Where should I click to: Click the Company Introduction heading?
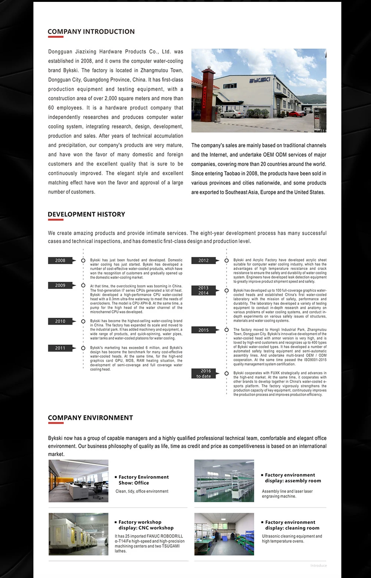click(91, 32)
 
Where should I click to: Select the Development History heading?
click(86, 214)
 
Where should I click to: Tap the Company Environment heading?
click(90, 418)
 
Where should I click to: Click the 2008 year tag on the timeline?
click(60, 261)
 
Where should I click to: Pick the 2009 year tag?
click(60, 285)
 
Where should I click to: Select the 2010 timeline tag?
click(60, 321)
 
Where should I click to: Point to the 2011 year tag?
click(60, 348)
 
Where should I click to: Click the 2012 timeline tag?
click(204, 261)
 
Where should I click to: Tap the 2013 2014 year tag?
click(204, 291)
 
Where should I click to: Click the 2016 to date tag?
click(204, 374)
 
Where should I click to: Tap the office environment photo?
click(78, 481)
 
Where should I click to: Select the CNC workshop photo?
click(78, 534)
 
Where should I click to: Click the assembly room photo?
click(224, 481)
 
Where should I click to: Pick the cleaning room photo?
click(224, 534)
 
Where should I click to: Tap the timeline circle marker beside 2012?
click(227, 261)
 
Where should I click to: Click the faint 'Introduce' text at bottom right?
click(319, 565)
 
